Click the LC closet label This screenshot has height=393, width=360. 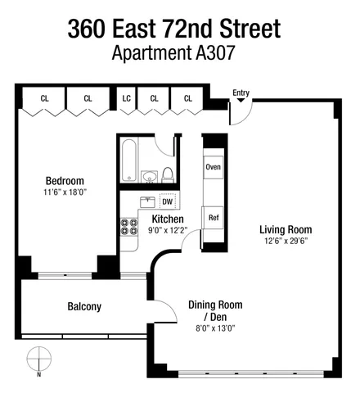(x=127, y=98)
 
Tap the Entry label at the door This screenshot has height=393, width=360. (x=241, y=93)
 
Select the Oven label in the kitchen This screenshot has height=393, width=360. (x=213, y=167)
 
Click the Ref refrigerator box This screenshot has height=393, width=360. (x=213, y=218)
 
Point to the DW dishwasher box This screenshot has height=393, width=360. (x=167, y=201)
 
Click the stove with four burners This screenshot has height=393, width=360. (x=129, y=225)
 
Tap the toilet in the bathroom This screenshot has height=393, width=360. (x=167, y=174)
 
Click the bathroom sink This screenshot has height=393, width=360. (x=149, y=178)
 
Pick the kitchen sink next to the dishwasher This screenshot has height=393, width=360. (x=147, y=201)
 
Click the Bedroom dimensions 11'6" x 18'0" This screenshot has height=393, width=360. (x=64, y=192)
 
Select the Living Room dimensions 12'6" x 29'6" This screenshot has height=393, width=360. (x=286, y=242)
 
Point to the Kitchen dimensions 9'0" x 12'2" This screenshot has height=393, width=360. (x=168, y=231)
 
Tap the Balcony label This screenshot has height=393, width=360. (x=83, y=307)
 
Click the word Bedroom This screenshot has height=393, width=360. (x=64, y=181)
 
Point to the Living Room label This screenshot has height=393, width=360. (x=286, y=229)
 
